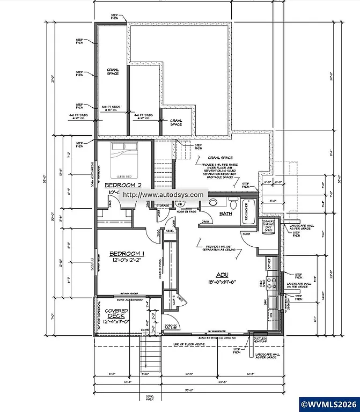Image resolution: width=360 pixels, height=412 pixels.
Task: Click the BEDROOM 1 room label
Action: (x=127, y=253)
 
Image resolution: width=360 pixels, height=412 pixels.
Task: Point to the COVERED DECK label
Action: (x=116, y=314)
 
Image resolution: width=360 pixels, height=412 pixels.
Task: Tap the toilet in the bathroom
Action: (x=232, y=204)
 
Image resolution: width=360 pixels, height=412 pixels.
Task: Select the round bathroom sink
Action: (x=212, y=203)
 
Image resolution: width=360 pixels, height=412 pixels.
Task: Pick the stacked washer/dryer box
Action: (x=269, y=226)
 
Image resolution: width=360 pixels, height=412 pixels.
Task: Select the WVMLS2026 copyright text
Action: (x=328, y=403)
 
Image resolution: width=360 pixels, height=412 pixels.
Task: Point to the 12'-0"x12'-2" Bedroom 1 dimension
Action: (x=127, y=260)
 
